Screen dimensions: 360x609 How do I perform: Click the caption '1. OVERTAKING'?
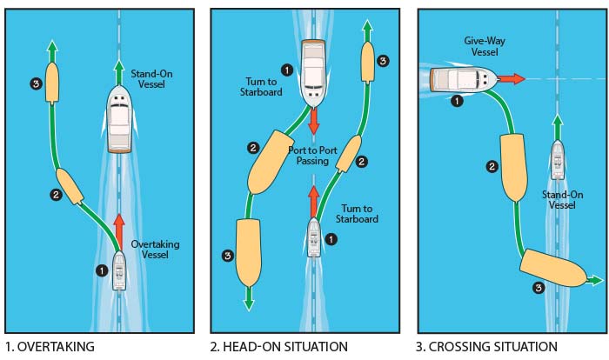click(x=49, y=347)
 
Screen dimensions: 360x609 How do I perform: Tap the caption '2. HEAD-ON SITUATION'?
click(x=278, y=347)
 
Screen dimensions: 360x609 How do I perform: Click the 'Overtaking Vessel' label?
click(x=155, y=250)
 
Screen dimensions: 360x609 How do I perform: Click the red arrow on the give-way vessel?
click(x=512, y=78)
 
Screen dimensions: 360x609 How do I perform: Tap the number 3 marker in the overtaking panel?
click(x=35, y=84)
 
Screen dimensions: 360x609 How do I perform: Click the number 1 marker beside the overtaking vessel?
click(x=101, y=270)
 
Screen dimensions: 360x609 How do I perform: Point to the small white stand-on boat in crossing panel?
click(x=557, y=160)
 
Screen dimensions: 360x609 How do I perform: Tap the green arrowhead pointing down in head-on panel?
click(x=249, y=303)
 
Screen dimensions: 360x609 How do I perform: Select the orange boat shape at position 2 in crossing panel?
click(x=513, y=166)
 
